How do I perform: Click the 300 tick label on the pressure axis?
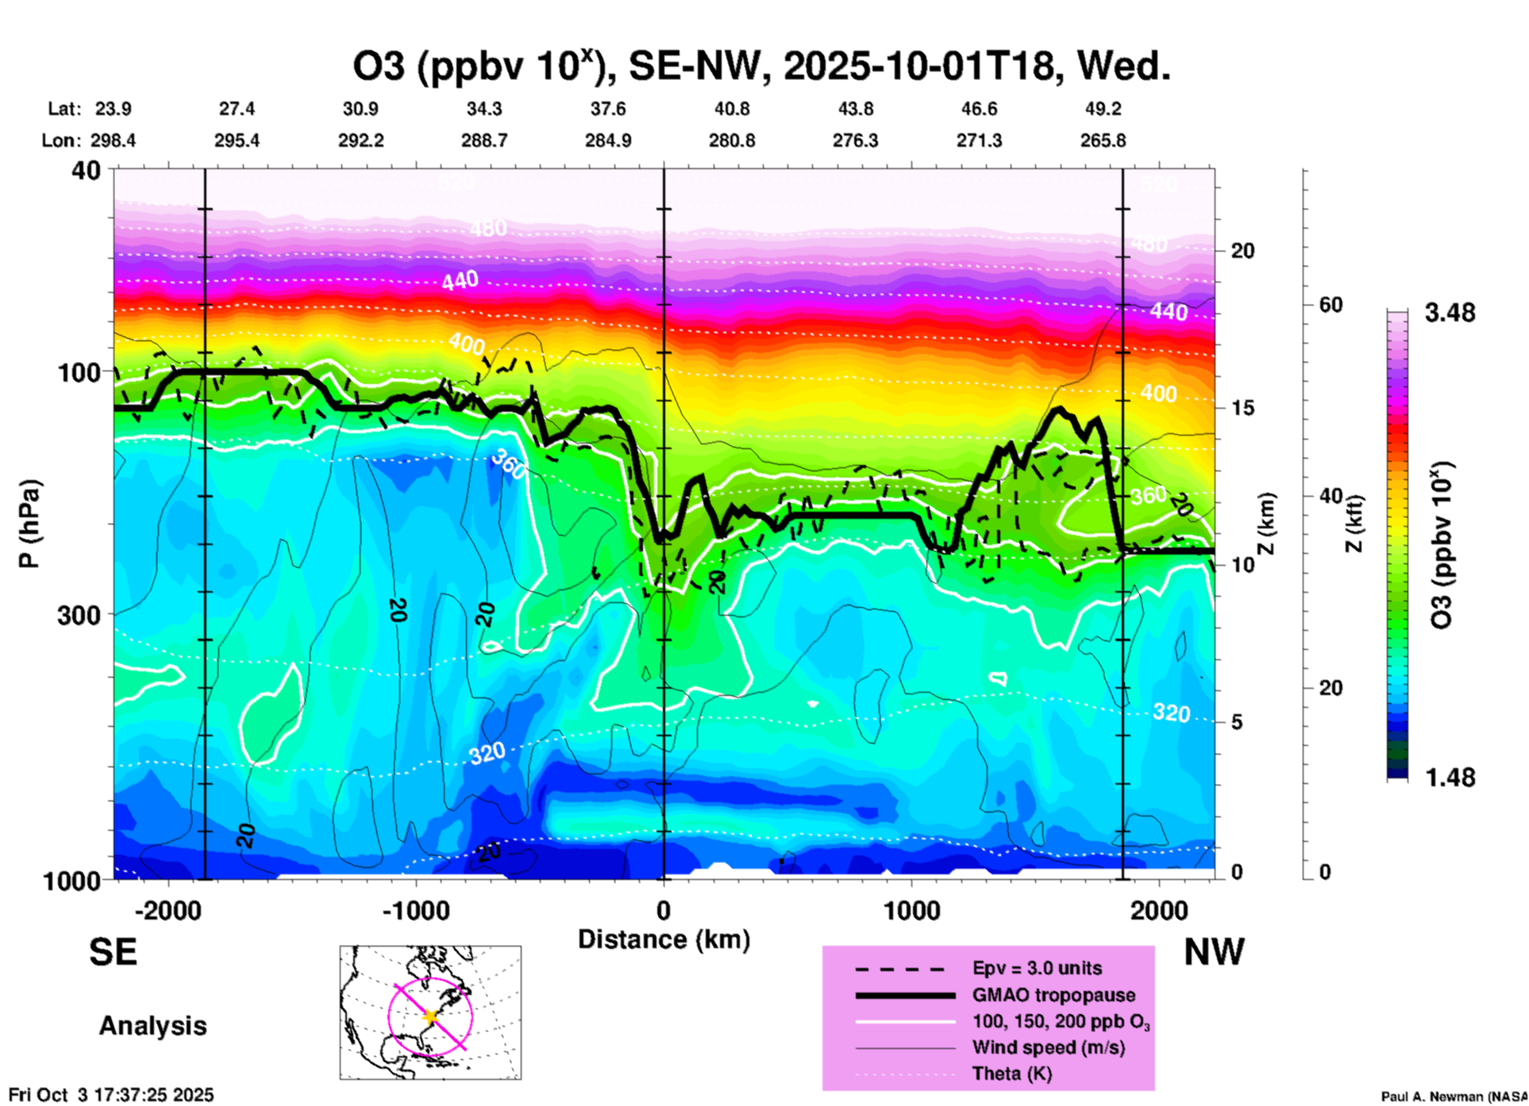pyautogui.click(x=79, y=615)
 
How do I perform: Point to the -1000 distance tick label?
pyautogui.click(x=415, y=910)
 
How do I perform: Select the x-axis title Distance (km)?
pyautogui.click(x=664, y=939)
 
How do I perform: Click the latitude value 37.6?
pyautogui.click(x=608, y=109)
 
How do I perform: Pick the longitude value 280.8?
pyautogui.click(x=731, y=140)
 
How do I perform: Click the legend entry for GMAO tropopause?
pyautogui.click(x=1053, y=995)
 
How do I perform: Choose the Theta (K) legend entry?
pyautogui.click(x=1011, y=1074)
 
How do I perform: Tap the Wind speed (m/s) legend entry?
pyautogui.click(x=1048, y=1048)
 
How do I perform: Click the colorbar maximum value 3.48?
pyautogui.click(x=1450, y=313)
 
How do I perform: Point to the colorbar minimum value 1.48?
pyautogui.click(x=1450, y=778)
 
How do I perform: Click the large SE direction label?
pyautogui.click(x=113, y=952)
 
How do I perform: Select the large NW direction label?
pyautogui.click(x=1214, y=952)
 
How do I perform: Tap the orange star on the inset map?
pyautogui.click(x=431, y=1016)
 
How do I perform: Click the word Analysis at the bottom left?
pyautogui.click(x=152, y=1026)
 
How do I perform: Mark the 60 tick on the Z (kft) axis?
pyautogui.click(x=1331, y=305)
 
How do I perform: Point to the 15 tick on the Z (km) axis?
pyautogui.click(x=1243, y=408)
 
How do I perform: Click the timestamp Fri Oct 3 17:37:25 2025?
pyautogui.click(x=111, y=1095)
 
